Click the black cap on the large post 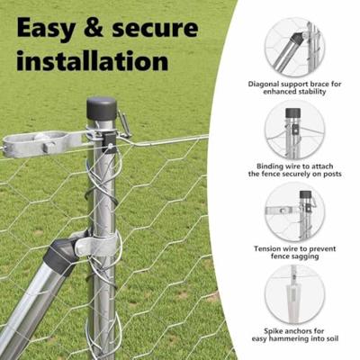[x=102, y=109]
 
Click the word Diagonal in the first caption [x=264, y=84]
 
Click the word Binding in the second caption [x=264, y=166]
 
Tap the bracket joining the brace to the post [x=89, y=246]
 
